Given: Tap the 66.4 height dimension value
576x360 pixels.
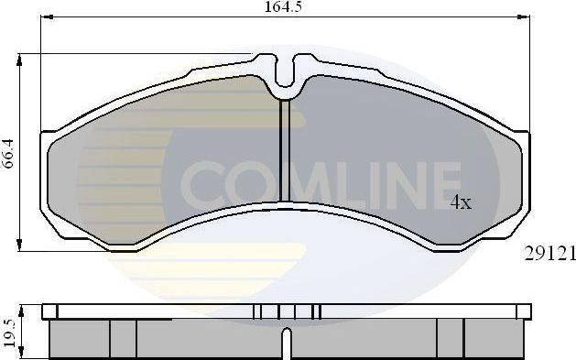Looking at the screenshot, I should pos(8,151).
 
